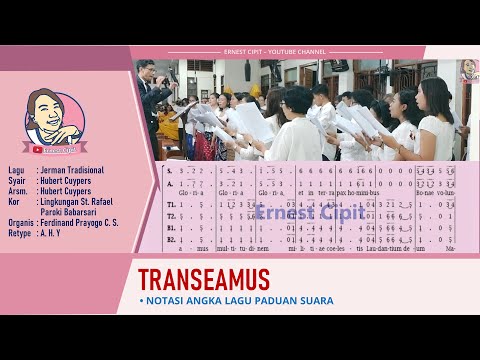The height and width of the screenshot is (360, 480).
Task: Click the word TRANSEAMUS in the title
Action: click(203, 278)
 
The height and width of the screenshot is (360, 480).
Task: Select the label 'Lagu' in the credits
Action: click(16, 171)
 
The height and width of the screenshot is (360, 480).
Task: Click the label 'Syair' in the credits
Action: click(17, 181)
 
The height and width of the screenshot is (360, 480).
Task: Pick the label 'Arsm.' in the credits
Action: click(17, 191)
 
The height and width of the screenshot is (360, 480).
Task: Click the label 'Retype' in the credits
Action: click(19, 231)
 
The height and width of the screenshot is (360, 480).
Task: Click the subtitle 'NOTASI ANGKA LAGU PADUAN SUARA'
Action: click(240, 300)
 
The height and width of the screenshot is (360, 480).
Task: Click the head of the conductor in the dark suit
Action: click(147, 70)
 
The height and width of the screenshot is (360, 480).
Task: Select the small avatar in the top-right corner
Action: click(467, 70)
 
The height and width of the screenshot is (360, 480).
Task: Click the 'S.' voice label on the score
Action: click(170, 171)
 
